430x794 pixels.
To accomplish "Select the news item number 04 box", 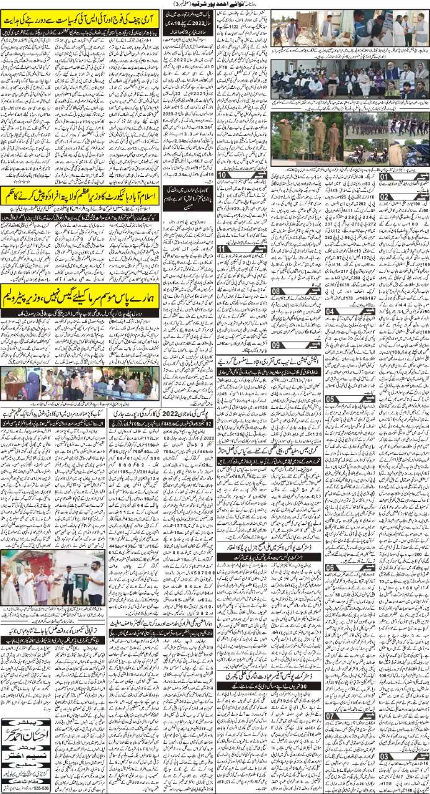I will click(x=331, y=311).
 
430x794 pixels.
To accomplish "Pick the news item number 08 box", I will click(x=279, y=291).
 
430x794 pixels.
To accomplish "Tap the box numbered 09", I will click(x=279, y=345).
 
